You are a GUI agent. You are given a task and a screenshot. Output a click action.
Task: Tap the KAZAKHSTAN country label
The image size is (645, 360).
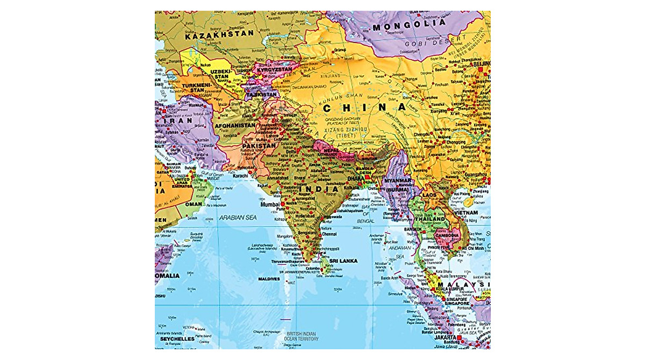[219, 33]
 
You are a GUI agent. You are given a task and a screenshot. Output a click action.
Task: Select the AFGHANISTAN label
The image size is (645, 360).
[235, 126]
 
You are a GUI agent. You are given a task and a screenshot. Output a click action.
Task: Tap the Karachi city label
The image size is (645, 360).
[240, 176]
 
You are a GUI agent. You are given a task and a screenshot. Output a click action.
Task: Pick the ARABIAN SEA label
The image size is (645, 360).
[238, 217]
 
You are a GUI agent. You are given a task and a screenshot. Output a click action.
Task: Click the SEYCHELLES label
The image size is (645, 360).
[175, 339]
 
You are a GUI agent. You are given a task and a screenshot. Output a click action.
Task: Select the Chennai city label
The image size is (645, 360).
[329, 234]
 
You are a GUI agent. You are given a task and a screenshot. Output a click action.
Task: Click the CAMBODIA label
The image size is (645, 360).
[447, 235]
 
